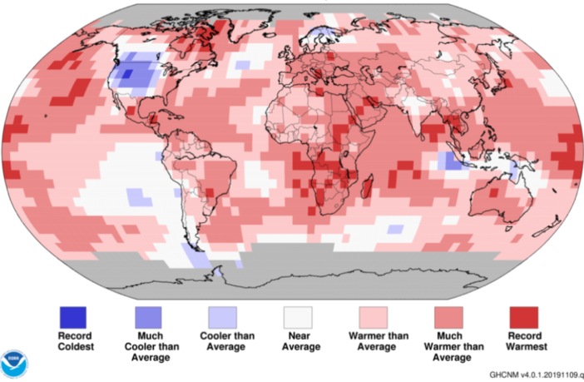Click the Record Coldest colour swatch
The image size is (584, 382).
click(x=72, y=317)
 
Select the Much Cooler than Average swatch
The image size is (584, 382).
click(x=147, y=317)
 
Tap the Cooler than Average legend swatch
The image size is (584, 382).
click(x=222, y=317)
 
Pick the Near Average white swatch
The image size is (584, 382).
click(x=297, y=317)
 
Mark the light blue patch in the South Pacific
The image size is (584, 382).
click(x=139, y=197)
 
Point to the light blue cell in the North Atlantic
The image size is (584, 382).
click(x=242, y=64)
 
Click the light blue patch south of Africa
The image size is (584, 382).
click(x=395, y=226)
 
